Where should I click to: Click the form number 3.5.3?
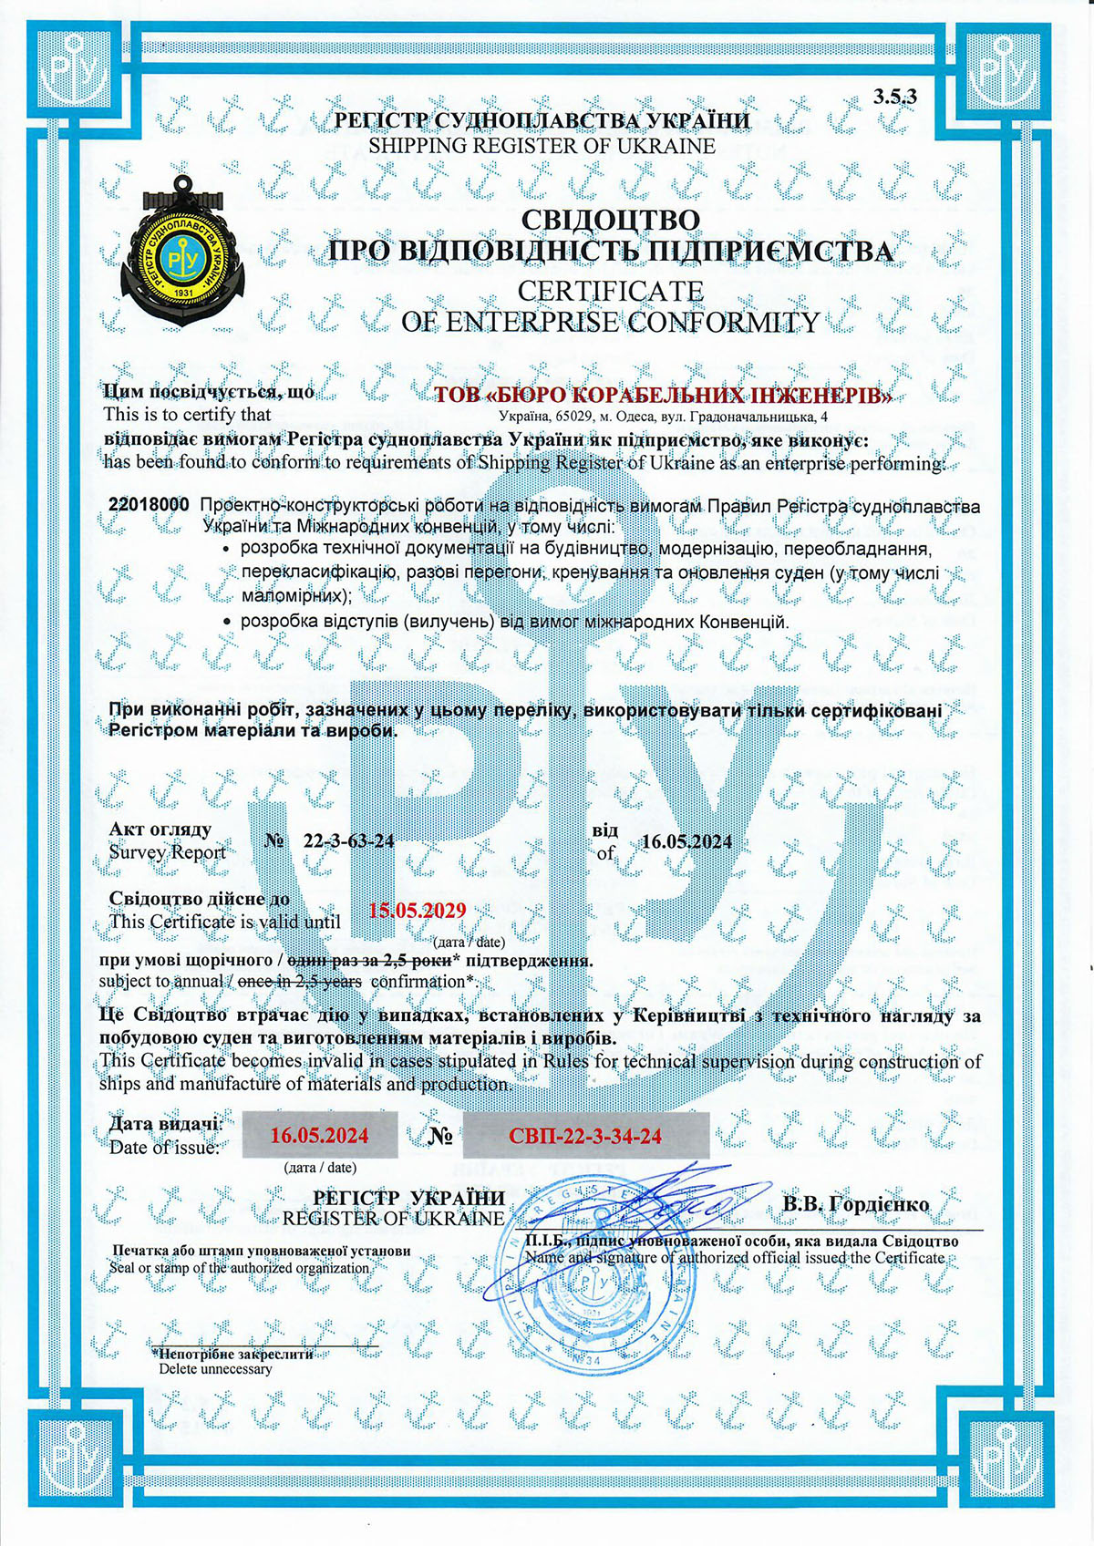coord(894,97)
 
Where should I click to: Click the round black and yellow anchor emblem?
coord(183,251)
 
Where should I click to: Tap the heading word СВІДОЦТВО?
coord(610,221)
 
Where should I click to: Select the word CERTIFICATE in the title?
coord(610,291)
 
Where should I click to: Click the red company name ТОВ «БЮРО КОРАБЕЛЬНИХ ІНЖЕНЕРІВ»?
coord(663,396)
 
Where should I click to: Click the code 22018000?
coord(149,505)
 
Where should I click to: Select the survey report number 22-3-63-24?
coord(348,840)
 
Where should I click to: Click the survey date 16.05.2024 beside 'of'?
coord(686,841)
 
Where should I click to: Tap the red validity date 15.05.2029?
coord(417,911)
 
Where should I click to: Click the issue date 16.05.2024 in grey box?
coord(320,1135)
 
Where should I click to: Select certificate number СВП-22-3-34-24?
coord(585,1136)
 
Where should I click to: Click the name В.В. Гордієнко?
coord(855,1204)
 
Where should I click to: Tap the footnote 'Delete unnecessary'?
coord(215,1368)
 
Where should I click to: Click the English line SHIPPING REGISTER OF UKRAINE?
coord(542,146)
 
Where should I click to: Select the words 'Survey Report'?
coord(167,852)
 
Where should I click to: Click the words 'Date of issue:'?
coord(164,1148)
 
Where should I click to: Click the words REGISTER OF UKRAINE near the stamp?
coord(393,1219)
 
